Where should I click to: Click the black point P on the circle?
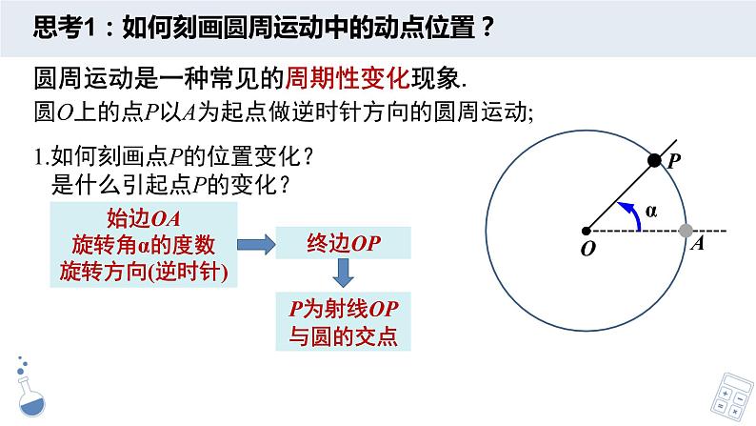pos(654,161)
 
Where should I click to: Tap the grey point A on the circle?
pos(686,230)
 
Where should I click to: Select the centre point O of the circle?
pos(587,230)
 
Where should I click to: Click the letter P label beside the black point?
pos(672,163)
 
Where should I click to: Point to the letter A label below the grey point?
pos(697,245)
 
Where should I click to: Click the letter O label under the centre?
pos(586,248)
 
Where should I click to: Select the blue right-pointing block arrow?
pos(252,245)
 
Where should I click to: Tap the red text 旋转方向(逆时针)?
pos(144,271)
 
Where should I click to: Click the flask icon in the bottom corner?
pos(30,390)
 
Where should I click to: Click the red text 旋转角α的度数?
pos(144,244)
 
